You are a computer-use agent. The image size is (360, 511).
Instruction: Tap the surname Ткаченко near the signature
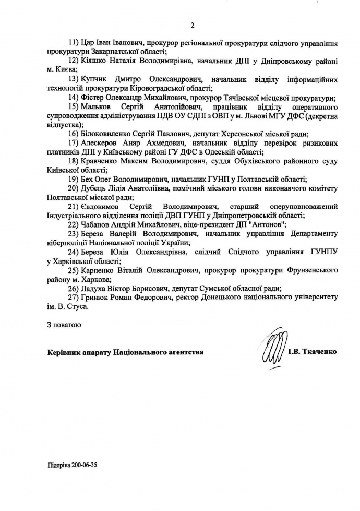[x=319, y=352]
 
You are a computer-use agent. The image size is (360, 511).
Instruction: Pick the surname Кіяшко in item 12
[x=94, y=61]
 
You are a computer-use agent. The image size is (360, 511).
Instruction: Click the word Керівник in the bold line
[x=63, y=352]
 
